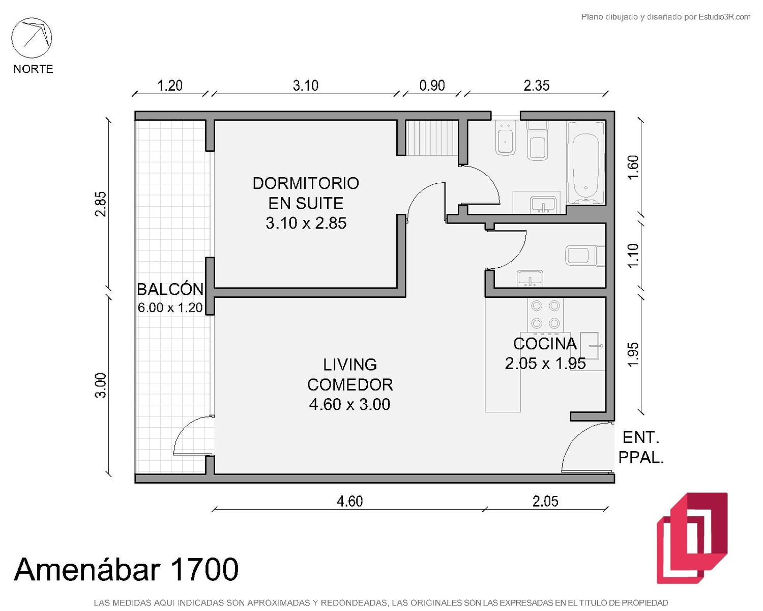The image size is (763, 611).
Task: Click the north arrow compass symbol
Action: coord(32,38)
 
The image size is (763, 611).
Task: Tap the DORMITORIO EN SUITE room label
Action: coord(306,203)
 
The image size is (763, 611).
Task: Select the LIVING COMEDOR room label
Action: coord(349,384)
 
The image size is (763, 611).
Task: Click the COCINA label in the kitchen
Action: coord(545,343)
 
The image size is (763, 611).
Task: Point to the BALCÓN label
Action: coord(170,289)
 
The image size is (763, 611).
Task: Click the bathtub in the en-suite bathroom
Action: coord(585,163)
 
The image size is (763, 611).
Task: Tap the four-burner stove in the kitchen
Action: coord(546,315)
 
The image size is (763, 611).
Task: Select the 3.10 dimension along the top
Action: coord(306,86)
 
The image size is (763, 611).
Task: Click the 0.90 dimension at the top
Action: coord(432,86)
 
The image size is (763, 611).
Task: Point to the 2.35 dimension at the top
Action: coord(537,86)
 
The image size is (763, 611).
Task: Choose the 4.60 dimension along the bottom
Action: coord(349,502)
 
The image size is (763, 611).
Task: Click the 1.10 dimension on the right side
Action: coord(633,256)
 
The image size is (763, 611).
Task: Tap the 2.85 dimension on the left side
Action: coord(100,204)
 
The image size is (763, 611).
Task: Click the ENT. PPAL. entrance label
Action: coord(641,448)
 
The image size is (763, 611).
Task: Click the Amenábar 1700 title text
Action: coord(126,569)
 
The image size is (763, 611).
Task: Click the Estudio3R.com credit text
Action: coord(665,17)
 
